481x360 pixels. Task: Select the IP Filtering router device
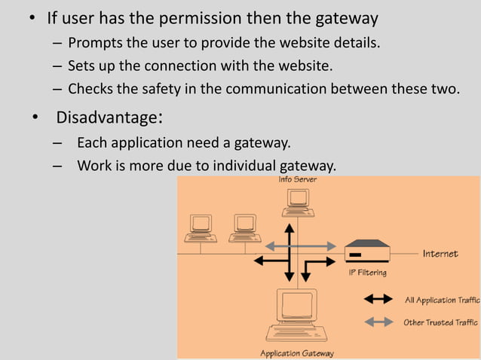point(366,251)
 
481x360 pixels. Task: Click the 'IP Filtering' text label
point(367,273)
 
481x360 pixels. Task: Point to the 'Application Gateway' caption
point(296,352)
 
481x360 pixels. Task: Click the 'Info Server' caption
point(298,180)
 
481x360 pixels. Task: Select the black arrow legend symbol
point(378,299)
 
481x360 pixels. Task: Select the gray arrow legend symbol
point(378,322)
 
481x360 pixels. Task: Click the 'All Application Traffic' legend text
point(441,300)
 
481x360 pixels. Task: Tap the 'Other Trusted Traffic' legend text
point(441,322)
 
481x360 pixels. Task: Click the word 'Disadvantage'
point(107,118)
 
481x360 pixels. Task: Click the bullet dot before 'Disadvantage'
point(34,118)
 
